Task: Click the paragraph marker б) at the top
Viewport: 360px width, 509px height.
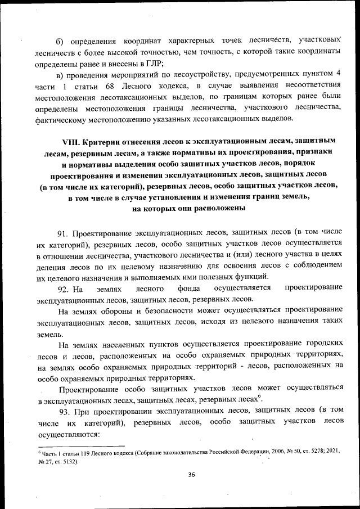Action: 60,41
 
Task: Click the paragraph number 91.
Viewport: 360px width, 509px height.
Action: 62,232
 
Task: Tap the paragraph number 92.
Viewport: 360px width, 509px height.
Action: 62,288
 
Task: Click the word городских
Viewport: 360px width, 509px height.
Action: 323,344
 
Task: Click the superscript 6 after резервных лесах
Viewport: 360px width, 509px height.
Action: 259,397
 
